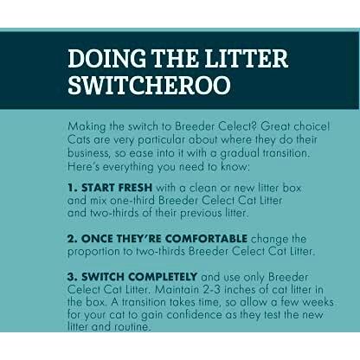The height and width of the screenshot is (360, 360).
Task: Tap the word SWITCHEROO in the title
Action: click(x=150, y=85)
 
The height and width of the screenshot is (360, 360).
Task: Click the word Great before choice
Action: click(x=275, y=126)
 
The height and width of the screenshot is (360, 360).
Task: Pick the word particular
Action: click(x=161, y=140)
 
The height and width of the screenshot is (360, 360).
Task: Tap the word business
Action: click(x=89, y=153)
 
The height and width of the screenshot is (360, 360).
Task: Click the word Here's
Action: click(x=83, y=167)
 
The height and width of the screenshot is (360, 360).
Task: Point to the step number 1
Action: click(x=71, y=188)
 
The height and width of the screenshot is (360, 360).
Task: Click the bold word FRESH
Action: click(x=135, y=188)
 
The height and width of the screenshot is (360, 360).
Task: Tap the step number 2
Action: click(x=72, y=239)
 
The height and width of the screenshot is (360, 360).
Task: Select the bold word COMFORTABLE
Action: click(x=206, y=239)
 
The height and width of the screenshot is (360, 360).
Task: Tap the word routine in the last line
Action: click(x=132, y=327)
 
